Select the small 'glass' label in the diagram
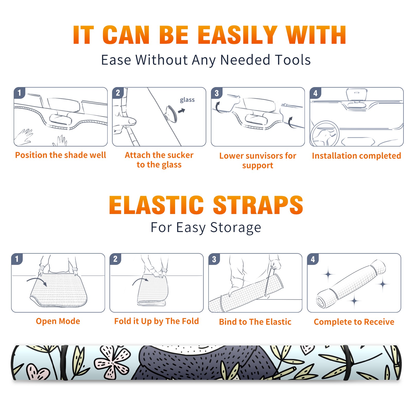click(x=187, y=100)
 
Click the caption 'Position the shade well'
click(x=61, y=155)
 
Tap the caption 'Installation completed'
click(x=356, y=156)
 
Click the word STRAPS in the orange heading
click(x=258, y=205)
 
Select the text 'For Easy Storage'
click(x=206, y=228)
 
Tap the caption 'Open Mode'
click(x=58, y=321)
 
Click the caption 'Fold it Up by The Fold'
click(x=157, y=321)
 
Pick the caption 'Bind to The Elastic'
click(x=255, y=322)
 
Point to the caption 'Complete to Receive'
click(x=354, y=322)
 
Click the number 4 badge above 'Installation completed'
click(x=315, y=93)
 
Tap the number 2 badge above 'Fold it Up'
click(x=115, y=259)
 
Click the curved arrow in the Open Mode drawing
click(x=37, y=280)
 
